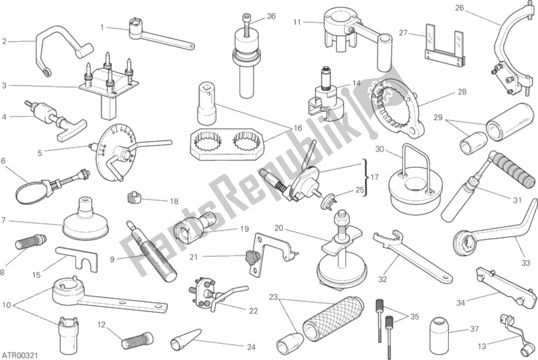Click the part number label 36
coord(271,16)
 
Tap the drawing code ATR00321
coord(20,355)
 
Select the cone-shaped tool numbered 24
coord(185,338)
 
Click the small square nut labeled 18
coord(135,198)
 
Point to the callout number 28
coord(462,92)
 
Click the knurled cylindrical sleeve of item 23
coord(333,319)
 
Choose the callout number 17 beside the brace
coord(374,177)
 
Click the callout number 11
coord(297,23)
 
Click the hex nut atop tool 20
coord(342,218)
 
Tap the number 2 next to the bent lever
coord(4,42)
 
